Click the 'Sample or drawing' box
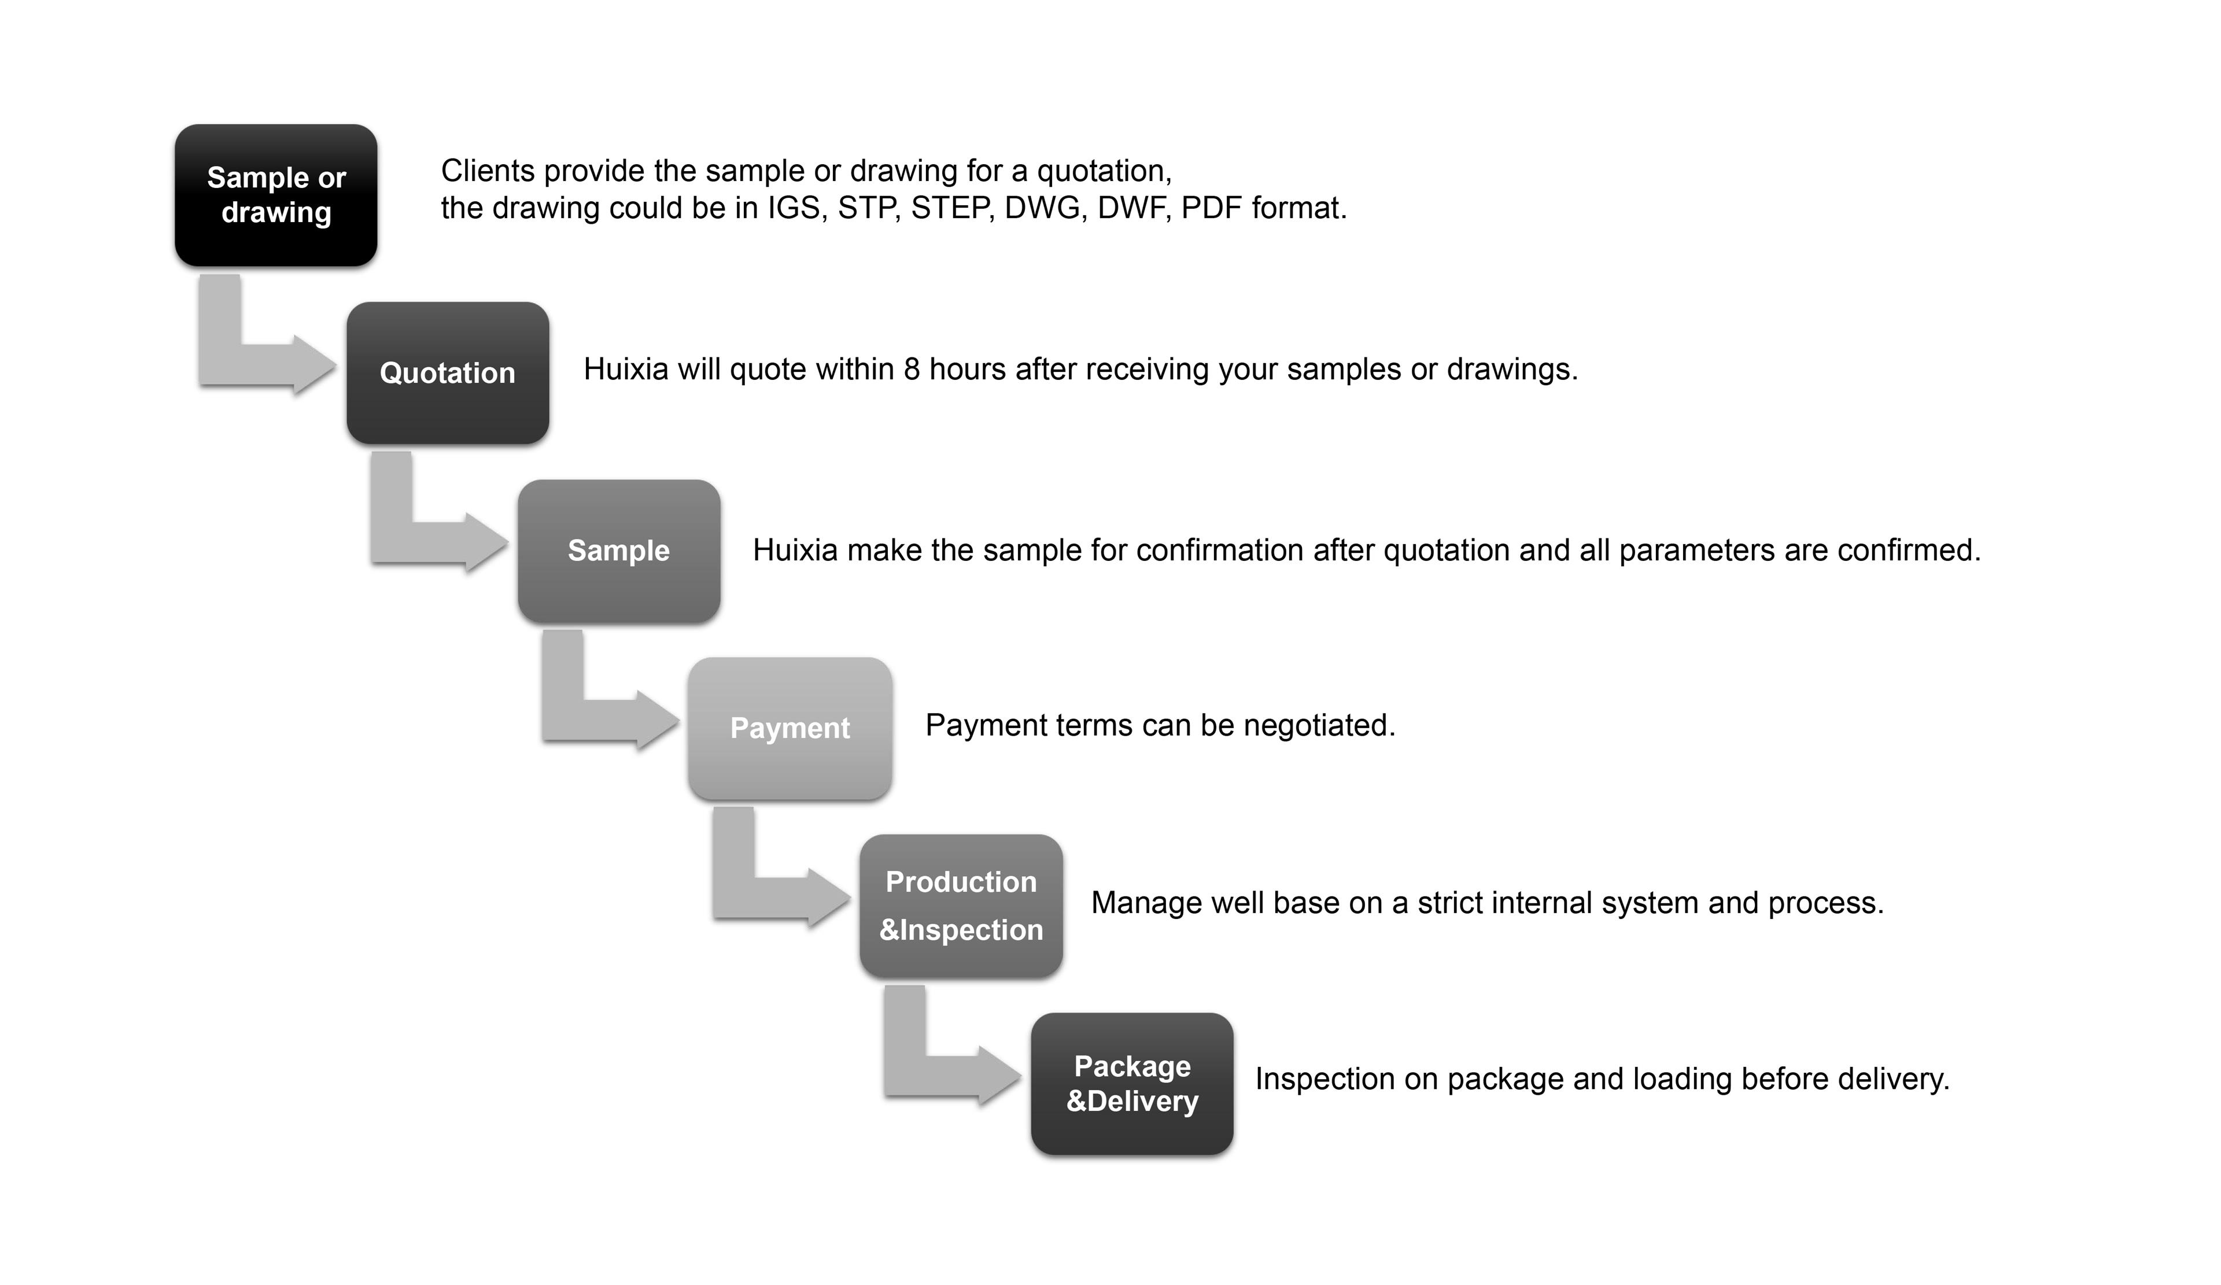click(276, 195)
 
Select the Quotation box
click(448, 373)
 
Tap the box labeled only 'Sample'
click(619, 551)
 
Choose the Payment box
click(789, 728)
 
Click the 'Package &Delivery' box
click(1132, 1083)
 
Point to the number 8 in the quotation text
click(912, 370)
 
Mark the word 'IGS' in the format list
click(797, 208)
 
